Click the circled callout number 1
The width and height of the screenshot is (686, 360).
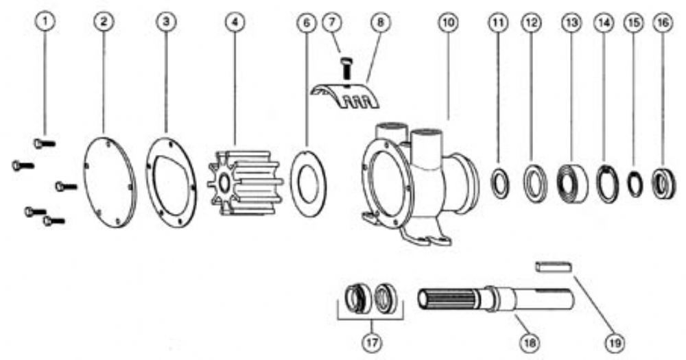[45, 22]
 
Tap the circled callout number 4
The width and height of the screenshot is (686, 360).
[235, 22]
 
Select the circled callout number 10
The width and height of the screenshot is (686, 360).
[448, 22]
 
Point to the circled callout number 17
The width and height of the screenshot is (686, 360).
[371, 342]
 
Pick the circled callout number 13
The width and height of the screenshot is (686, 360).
[572, 23]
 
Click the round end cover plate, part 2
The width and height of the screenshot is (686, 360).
[109, 181]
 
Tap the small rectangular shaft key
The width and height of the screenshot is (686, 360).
[554, 266]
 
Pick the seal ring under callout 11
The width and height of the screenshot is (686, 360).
[493, 184]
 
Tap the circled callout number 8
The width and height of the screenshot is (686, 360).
[380, 22]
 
